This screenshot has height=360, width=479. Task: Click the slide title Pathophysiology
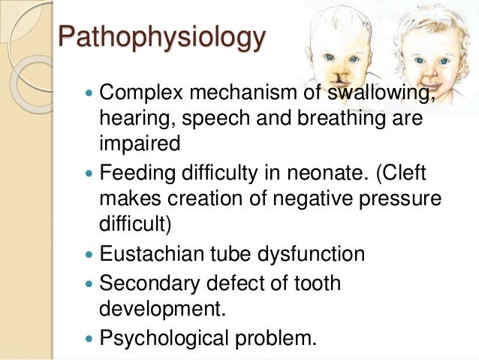(161, 38)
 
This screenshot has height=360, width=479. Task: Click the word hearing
(132, 119)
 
